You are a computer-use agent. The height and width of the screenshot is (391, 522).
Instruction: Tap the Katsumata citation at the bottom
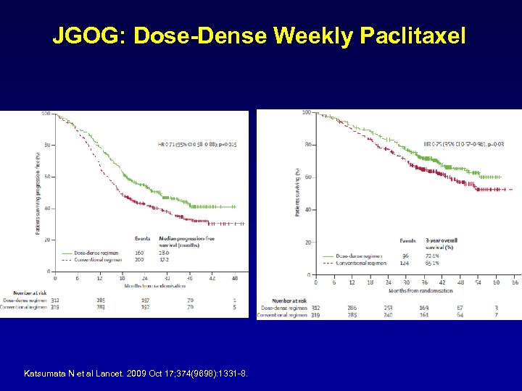(136, 373)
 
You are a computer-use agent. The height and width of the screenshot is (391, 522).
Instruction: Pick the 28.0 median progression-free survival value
(164, 252)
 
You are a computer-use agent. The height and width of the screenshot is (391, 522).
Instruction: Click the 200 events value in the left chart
(140, 258)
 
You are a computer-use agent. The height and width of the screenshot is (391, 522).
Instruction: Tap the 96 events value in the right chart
(406, 256)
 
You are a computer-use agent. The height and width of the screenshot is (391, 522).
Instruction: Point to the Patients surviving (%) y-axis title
(297, 192)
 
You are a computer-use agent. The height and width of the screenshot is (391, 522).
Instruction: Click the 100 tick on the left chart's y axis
(46, 114)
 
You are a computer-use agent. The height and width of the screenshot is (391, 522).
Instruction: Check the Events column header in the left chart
(143, 237)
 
